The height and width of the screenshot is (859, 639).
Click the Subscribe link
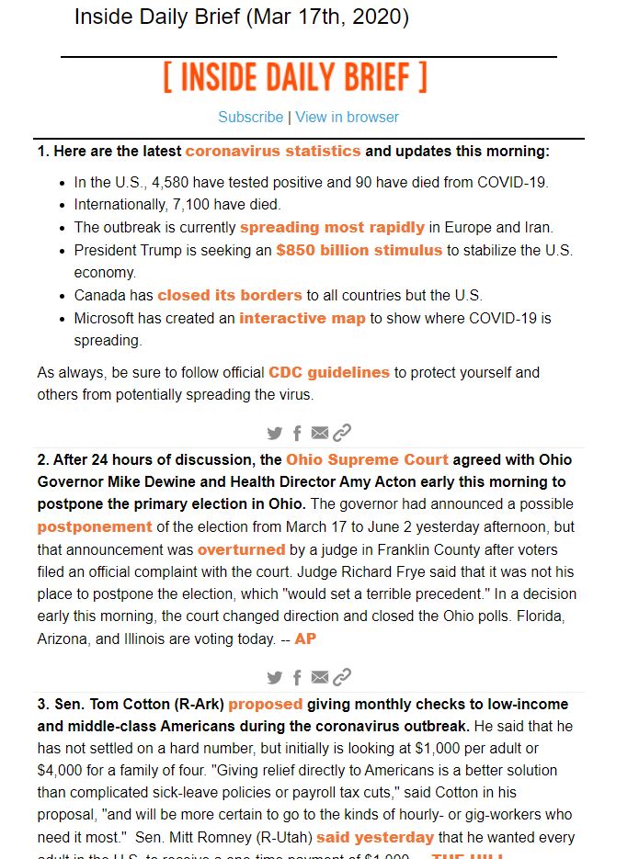(250, 117)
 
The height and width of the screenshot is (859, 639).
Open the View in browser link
(347, 117)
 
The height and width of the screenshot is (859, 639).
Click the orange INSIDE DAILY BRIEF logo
(295, 78)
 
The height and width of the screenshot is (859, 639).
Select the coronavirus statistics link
(273, 151)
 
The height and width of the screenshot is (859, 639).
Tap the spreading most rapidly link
(332, 227)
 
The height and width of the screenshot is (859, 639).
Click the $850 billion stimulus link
(359, 250)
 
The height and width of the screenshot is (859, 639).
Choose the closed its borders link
(230, 296)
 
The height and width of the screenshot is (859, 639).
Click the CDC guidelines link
(329, 372)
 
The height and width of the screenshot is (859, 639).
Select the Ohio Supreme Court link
(367, 459)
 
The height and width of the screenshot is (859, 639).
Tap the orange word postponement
(95, 527)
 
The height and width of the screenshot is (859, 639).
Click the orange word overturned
(241, 549)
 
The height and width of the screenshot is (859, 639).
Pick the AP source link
(304, 638)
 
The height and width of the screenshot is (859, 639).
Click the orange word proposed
(266, 705)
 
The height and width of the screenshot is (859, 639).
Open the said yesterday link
(375, 838)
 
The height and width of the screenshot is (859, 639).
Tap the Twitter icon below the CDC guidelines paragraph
(274, 433)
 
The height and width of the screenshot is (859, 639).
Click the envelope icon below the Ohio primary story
(319, 677)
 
